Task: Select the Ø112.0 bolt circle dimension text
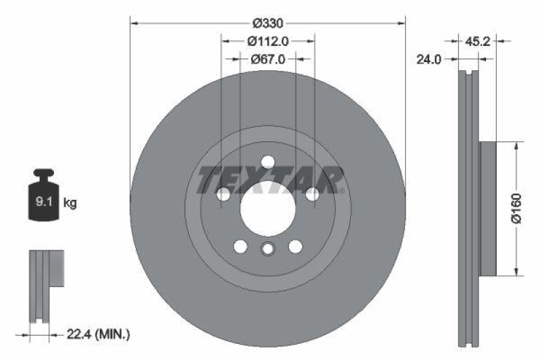click(x=267, y=40)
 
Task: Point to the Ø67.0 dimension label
click(x=268, y=59)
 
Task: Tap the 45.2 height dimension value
click(x=479, y=41)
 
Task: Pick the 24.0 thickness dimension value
click(x=429, y=59)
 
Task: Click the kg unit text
click(x=69, y=202)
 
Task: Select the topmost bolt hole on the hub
click(x=267, y=162)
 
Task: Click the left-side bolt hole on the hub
click(x=223, y=195)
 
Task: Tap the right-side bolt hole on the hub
click(x=312, y=195)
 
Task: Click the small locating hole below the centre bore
click(x=267, y=249)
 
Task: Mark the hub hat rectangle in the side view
click(x=487, y=208)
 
